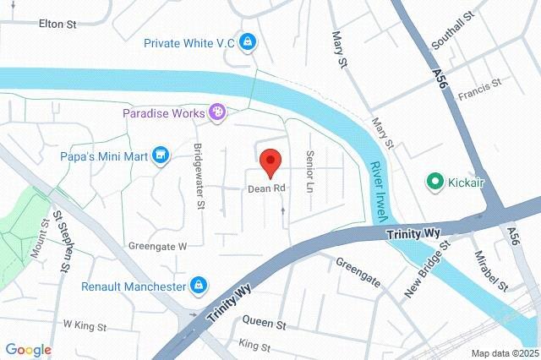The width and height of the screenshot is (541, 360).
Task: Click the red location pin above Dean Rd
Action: [270, 161]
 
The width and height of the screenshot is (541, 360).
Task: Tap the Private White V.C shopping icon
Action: [248, 41]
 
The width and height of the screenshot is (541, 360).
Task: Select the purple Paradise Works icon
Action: [217, 112]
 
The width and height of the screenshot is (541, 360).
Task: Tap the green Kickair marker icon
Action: [434, 181]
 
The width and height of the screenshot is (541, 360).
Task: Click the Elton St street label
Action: [57, 24]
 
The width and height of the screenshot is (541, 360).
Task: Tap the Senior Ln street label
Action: [310, 170]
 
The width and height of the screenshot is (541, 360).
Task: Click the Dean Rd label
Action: [265, 188]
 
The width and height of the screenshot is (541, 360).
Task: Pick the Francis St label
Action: [479, 89]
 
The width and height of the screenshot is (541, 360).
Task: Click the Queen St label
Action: [265, 324]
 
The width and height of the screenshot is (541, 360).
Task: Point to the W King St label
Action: [85, 325]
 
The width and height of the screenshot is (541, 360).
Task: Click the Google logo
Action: [28, 350]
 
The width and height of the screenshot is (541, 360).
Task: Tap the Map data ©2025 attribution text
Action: [504, 353]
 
